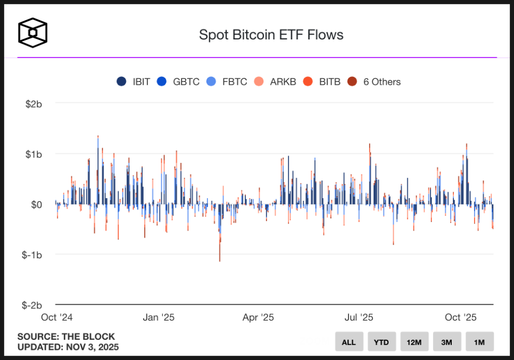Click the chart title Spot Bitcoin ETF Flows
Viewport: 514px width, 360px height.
click(x=271, y=35)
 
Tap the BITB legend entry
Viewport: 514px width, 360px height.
click(x=323, y=81)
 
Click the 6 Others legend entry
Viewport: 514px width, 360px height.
click(x=376, y=81)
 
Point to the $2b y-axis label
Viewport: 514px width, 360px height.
click(x=34, y=103)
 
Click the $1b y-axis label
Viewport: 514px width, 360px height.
click(x=34, y=154)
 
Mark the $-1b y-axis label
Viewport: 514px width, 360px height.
click(x=32, y=255)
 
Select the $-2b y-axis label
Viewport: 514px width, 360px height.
click(x=32, y=305)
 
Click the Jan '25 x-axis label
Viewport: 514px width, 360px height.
click(x=159, y=317)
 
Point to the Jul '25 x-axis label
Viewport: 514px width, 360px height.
click(x=359, y=317)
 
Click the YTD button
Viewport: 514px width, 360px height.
click(x=381, y=342)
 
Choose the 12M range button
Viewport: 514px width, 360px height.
click(x=414, y=342)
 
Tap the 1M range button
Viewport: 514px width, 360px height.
click(x=479, y=342)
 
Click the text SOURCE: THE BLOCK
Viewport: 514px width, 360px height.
click(x=66, y=337)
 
